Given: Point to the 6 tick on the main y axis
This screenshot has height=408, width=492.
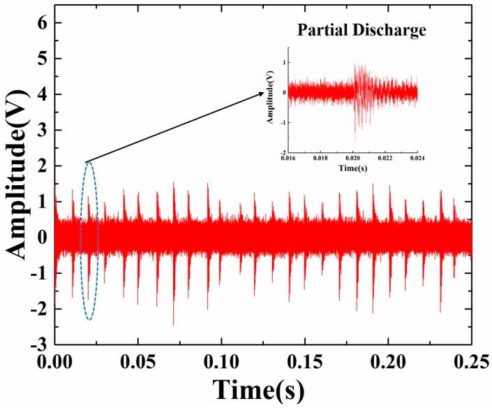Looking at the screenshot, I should pos(38,22).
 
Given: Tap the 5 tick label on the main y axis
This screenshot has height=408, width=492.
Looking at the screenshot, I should pos(38,58).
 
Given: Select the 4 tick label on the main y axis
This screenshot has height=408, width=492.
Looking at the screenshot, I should pos(38,94).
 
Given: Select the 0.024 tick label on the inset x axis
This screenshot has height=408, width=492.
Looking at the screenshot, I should pos(417,159).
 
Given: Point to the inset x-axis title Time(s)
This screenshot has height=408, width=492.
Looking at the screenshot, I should pos(352,168).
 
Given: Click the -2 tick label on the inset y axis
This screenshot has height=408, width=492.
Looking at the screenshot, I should pos(281,152).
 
